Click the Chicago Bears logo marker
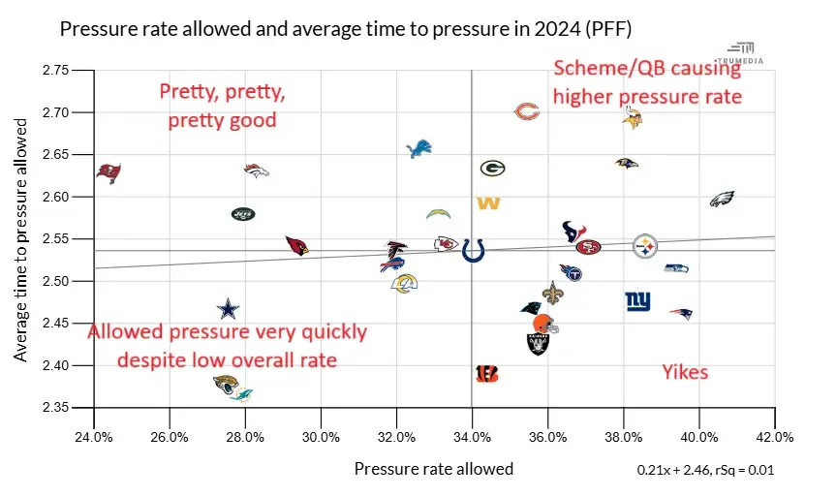tap(526, 112)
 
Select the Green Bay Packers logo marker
tap(492, 168)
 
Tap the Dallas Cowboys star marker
tap(227, 309)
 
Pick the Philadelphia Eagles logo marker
tap(722, 200)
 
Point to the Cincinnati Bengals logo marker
tap(487, 373)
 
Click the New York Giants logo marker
tap(637, 300)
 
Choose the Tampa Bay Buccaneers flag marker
tap(109, 172)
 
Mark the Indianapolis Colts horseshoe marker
tap(474, 250)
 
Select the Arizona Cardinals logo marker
tap(297, 245)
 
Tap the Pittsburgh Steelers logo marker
tap(646, 246)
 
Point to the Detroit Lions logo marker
tap(418, 148)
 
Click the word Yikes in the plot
tap(685, 372)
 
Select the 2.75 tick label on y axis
tap(55, 71)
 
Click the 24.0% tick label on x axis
tap(94, 436)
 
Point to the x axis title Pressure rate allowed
tap(433, 469)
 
